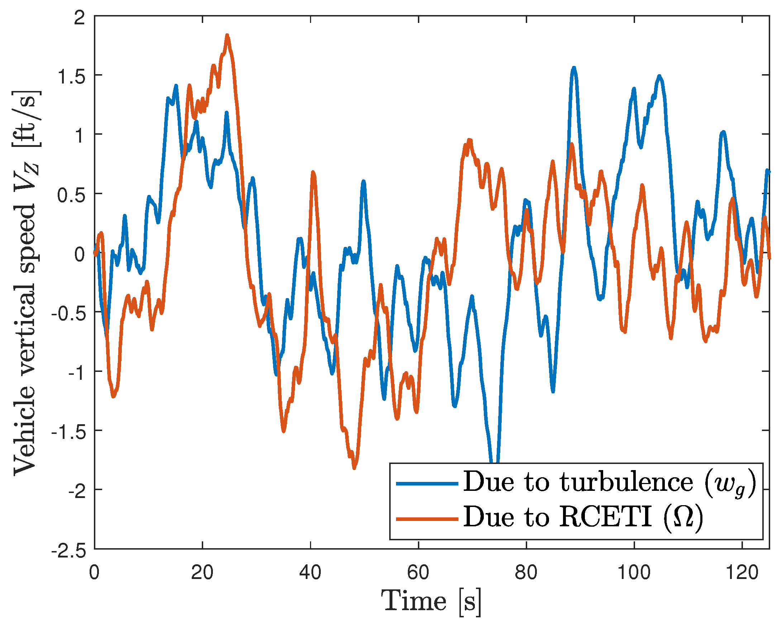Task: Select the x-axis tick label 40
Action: [x=310, y=573]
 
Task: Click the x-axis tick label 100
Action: [x=634, y=573]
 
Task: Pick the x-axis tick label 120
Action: [x=742, y=573]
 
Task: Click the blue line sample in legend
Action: [x=427, y=484]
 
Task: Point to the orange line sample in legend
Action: [x=427, y=519]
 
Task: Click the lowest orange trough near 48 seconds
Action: [x=354, y=468]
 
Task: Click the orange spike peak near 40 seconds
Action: [x=313, y=172]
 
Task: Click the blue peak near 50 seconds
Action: [x=363, y=181]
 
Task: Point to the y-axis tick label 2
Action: [x=80, y=18]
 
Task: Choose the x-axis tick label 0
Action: [x=94, y=573]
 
